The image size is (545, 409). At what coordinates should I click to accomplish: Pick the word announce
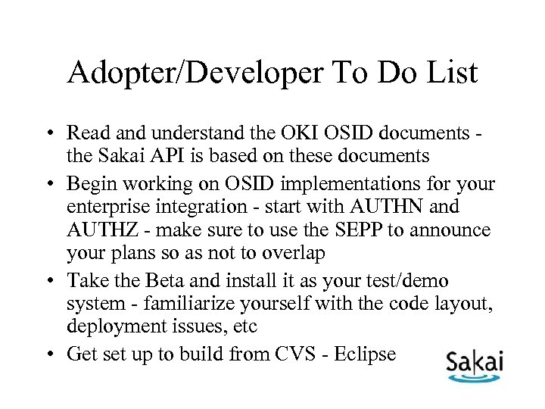(x=453, y=230)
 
